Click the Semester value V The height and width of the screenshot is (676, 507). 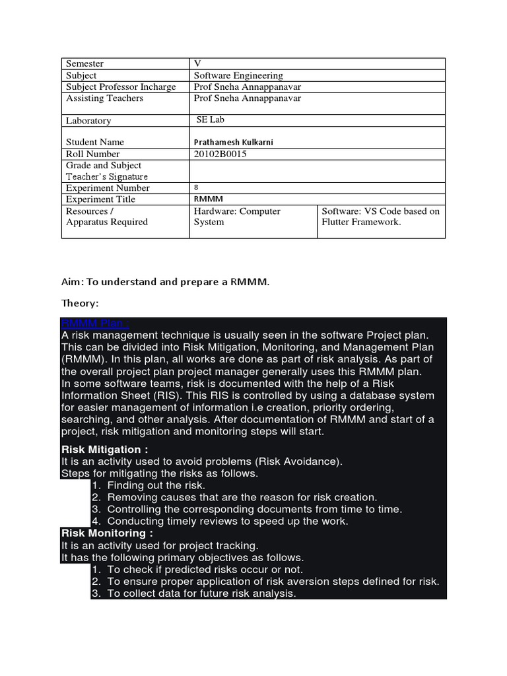[197, 63]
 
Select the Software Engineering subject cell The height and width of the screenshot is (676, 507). [238, 75]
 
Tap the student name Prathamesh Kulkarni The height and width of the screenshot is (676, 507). [234, 142]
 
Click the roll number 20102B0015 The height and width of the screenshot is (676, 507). [224, 154]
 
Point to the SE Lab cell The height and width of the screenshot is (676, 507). [211, 119]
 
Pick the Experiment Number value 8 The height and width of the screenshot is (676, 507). [196, 187]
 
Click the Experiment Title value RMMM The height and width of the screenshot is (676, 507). [208, 199]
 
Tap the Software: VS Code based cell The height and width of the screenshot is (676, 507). [380, 217]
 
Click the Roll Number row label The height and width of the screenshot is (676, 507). [93, 154]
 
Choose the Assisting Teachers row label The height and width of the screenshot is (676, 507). [104, 98]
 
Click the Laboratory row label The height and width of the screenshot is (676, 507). [88, 120]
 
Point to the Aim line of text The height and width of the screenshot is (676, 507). [166, 282]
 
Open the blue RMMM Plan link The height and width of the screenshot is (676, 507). [94, 323]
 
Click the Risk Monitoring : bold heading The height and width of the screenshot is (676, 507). [107, 533]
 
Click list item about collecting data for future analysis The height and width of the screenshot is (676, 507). [201, 593]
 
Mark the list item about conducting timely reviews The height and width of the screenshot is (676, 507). [228, 521]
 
